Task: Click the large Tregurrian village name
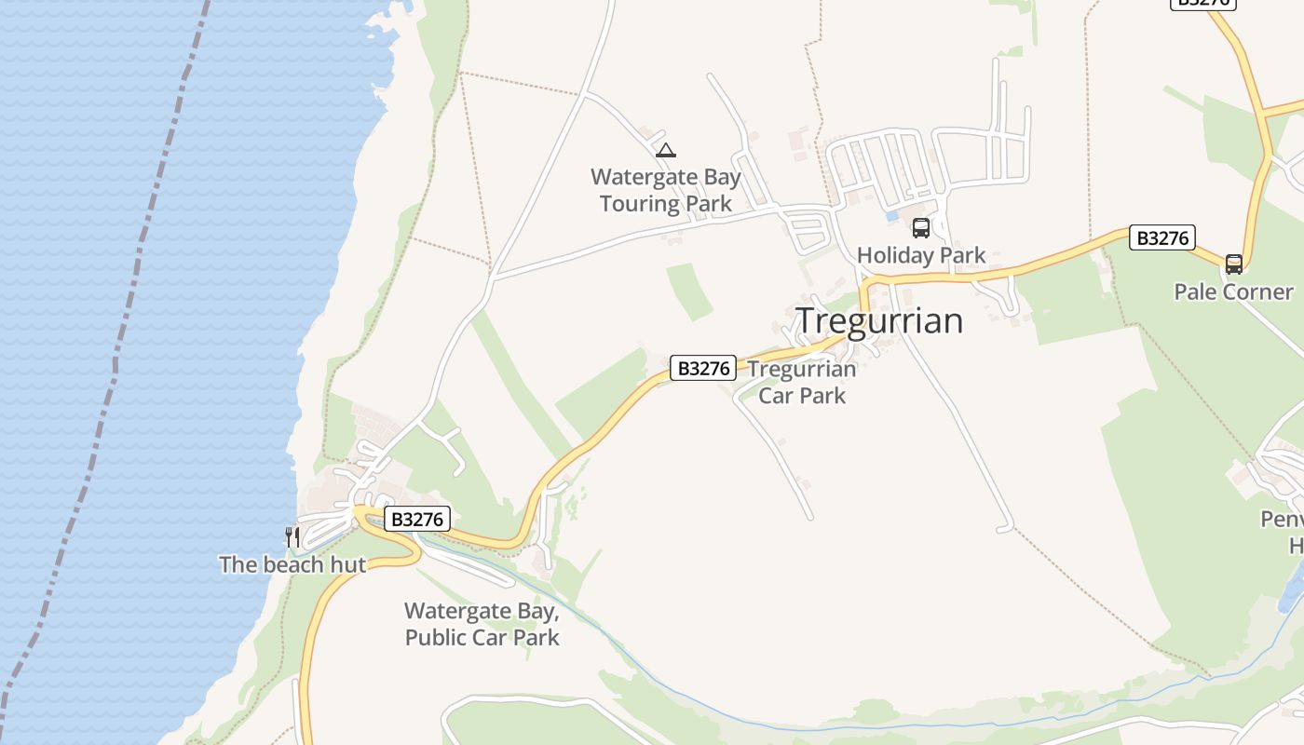(879, 321)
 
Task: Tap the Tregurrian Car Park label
(802, 382)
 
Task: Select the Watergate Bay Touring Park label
(666, 190)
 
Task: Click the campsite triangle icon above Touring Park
(665, 150)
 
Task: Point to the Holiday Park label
(920, 255)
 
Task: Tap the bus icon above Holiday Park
(920, 227)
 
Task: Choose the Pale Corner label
(1233, 291)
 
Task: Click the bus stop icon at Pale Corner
(1234, 264)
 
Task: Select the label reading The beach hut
(292, 564)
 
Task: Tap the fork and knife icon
(292, 536)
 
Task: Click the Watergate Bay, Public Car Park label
(482, 624)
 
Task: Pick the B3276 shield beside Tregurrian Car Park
(703, 368)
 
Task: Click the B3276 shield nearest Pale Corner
(1161, 237)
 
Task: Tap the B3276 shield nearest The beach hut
(417, 519)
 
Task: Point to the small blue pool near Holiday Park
(893, 215)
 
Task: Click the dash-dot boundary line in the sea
(116, 354)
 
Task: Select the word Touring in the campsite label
(638, 203)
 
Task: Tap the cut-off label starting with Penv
(1282, 519)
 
